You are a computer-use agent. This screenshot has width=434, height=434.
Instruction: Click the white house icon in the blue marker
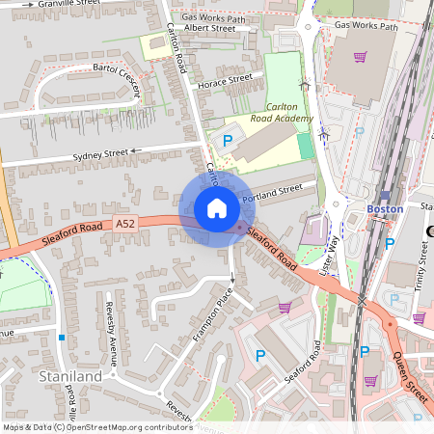click(217, 208)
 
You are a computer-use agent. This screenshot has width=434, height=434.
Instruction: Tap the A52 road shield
click(125, 224)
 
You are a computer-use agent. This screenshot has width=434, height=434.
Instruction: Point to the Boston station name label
click(384, 209)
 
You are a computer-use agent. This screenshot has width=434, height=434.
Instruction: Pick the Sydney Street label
click(100, 154)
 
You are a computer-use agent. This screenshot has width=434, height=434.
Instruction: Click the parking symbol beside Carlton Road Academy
click(229, 141)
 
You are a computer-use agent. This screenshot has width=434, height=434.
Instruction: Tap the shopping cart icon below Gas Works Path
click(359, 57)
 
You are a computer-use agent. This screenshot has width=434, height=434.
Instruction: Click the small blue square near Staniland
click(61, 338)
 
